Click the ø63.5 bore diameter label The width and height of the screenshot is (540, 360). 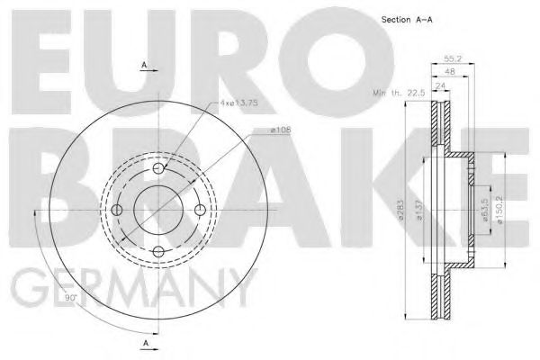[485, 211]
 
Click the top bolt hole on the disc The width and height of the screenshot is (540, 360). [158, 169]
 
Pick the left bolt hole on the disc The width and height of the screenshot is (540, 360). [117, 211]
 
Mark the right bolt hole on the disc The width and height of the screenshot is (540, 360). [200, 211]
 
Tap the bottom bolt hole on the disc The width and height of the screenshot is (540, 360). [158, 252]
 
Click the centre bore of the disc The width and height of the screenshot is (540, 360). [158, 211]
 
